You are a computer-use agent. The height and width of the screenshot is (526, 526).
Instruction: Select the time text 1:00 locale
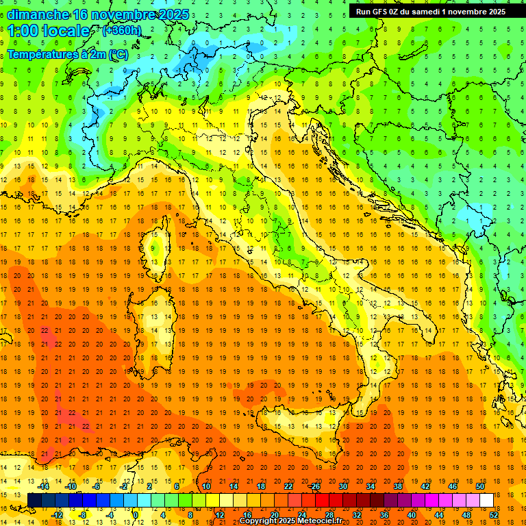click(x=48, y=31)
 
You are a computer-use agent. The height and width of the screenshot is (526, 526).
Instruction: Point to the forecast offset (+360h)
click(x=122, y=31)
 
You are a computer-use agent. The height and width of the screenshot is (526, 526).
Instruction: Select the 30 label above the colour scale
click(x=342, y=486)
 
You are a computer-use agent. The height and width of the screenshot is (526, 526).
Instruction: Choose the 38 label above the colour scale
click(x=397, y=486)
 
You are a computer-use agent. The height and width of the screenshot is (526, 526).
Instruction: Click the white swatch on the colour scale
click(x=486, y=501)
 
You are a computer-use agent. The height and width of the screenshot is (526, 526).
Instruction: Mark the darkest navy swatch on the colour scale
click(x=34, y=501)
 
